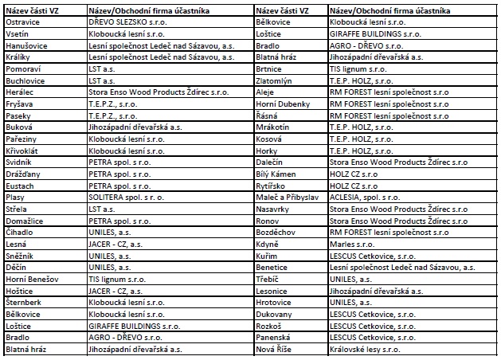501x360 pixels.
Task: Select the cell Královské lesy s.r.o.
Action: click(x=366, y=349)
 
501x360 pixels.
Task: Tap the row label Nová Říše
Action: click(x=275, y=349)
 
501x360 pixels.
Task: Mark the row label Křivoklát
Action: click(x=23, y=149)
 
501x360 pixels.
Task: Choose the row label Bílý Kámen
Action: click(x=280, y=172)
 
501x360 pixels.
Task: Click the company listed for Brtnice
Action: click(x=359, y=68)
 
